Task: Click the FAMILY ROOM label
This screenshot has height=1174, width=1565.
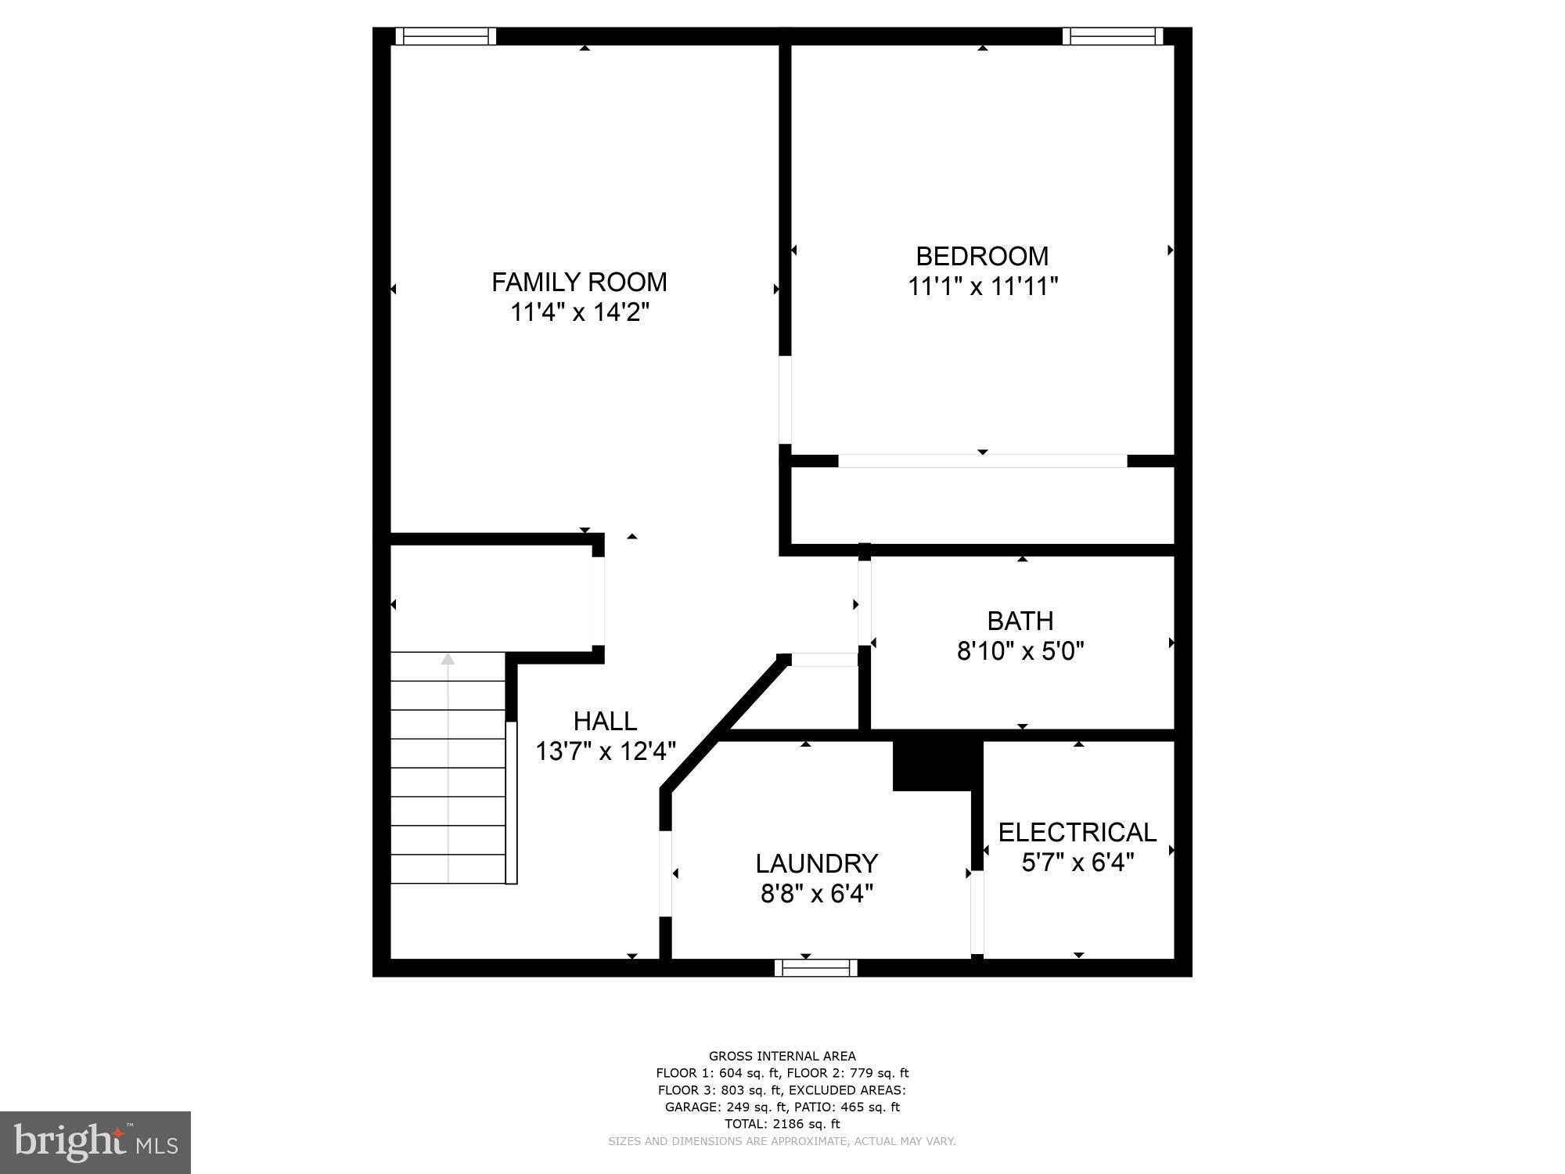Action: click(x=579, y=282)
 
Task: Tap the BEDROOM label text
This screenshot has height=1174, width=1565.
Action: click(x=982, y=256)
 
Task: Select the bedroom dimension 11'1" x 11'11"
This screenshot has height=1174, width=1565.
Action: click(x=982, y=286)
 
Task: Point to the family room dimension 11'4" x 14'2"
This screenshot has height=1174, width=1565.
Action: click(x=580, y=312)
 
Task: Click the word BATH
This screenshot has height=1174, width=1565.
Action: click(x=1020, y=621)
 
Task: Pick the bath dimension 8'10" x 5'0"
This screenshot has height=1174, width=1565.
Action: click(x=1020, y=650)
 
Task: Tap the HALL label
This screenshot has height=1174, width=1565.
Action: click(x=605, y=721)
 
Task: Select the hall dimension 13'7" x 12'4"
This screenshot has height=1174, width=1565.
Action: click(x=605, y=751)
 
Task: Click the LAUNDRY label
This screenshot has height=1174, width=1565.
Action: click(x=816, y=863)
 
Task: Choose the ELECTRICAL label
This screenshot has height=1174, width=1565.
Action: click(x=1077, y=832)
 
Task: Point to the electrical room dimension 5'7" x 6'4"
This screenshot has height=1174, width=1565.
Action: click(x=1078, y=862)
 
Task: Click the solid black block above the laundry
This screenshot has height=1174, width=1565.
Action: click(x=937, y=765)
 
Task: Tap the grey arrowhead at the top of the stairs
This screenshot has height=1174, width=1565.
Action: click(x=448, y=659)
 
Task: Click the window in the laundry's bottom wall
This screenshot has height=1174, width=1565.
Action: click(x=816, y=968)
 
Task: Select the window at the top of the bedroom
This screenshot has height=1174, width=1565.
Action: click(x=1112, y=36)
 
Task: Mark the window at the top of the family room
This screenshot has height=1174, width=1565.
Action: click(x=446, y=36)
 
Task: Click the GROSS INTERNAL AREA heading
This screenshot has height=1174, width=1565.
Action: click(x=782, y=1056)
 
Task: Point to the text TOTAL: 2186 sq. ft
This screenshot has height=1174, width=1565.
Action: click(x=782, y=1124)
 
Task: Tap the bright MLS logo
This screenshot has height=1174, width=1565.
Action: click(x=95, y=1143)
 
